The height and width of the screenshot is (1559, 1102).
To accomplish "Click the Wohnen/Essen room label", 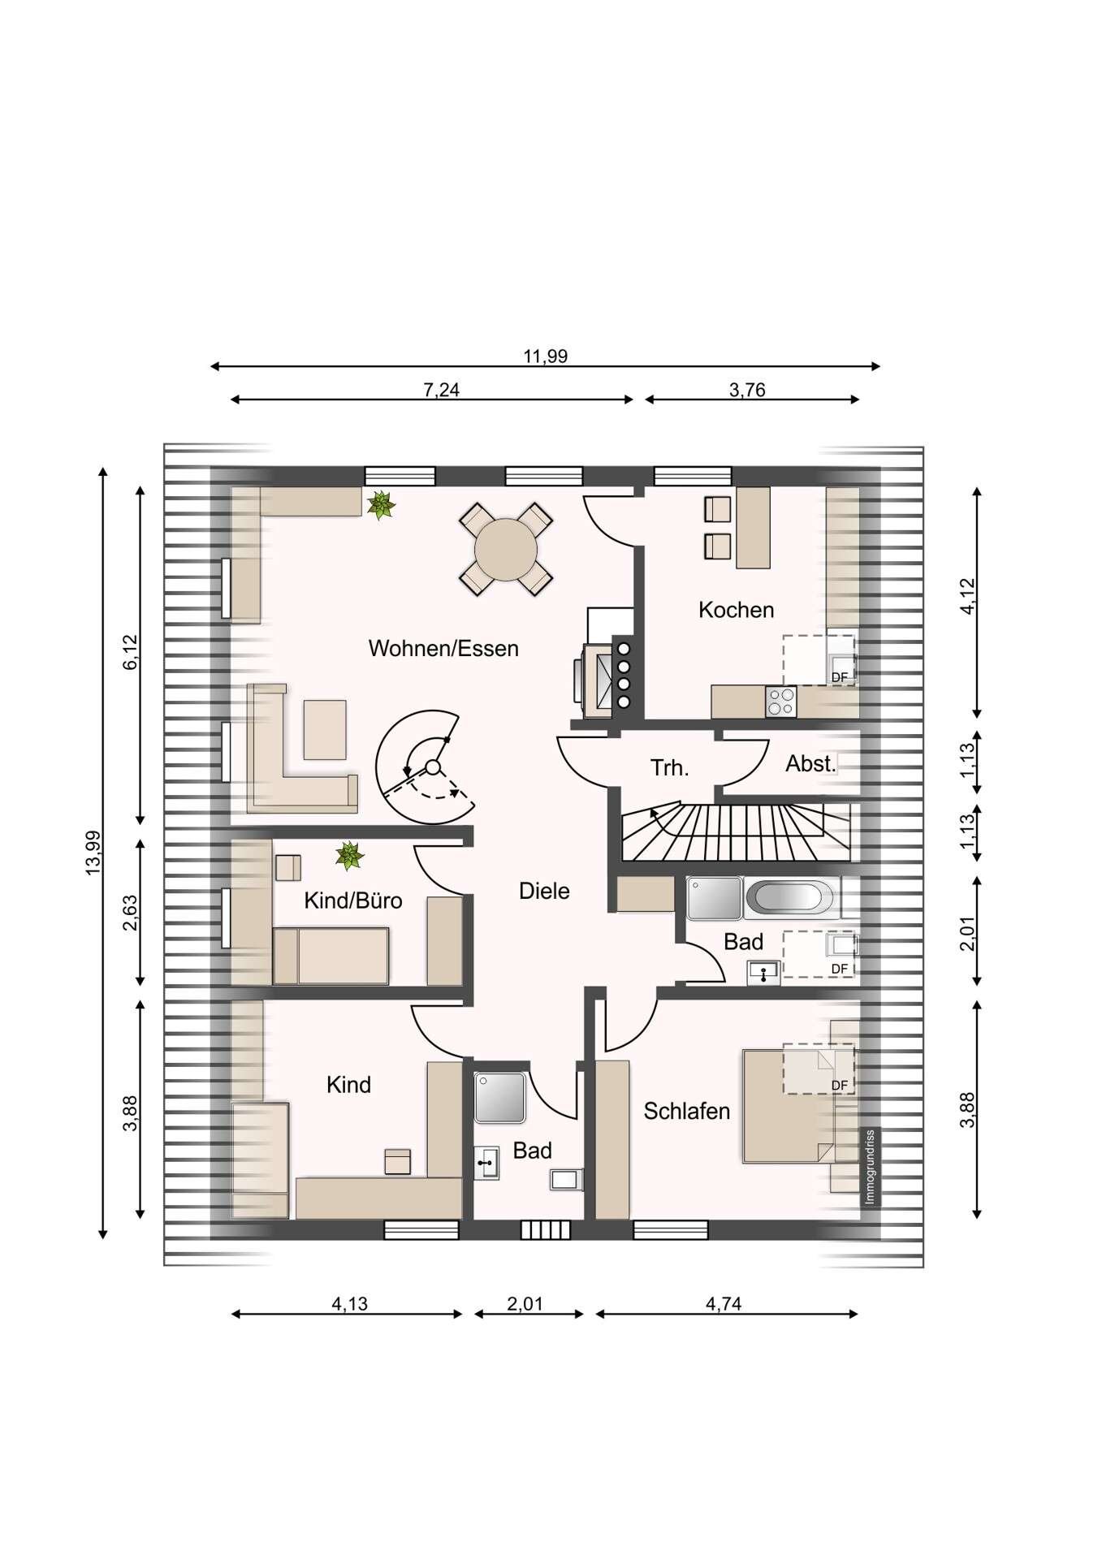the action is pos(443,649).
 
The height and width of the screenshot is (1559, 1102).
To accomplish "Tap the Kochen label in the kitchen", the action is pos(736,610).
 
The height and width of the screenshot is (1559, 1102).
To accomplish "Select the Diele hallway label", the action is pos(544,891).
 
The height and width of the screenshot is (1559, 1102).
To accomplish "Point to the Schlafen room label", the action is pos(687,1111).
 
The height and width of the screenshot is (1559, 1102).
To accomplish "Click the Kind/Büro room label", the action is pos(353,900).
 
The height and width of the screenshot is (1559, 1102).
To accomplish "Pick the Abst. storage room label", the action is pos(810,763).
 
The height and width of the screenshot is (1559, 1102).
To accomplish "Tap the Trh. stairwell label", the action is pos(670,767).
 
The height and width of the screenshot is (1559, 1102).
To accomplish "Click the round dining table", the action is pos(506,550).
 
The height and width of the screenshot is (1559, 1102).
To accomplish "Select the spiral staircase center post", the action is pos(433,767).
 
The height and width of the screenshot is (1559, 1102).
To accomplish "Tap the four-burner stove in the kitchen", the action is pos(781,702).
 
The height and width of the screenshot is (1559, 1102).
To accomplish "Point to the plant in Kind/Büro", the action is pos(349,856).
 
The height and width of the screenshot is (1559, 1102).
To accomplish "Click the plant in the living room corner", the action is pos(380,505).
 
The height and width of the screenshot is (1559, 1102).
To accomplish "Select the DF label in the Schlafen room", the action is pos(840,1086).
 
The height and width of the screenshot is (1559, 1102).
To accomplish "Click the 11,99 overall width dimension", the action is pos(546,356).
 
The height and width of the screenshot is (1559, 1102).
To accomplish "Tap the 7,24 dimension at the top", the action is pos(441,390).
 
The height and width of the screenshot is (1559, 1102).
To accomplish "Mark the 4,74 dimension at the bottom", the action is pos(724,1304).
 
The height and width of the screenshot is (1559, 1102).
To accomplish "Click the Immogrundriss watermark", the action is pos(869,1167).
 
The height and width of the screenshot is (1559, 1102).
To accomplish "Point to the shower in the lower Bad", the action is pos(500,1097).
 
